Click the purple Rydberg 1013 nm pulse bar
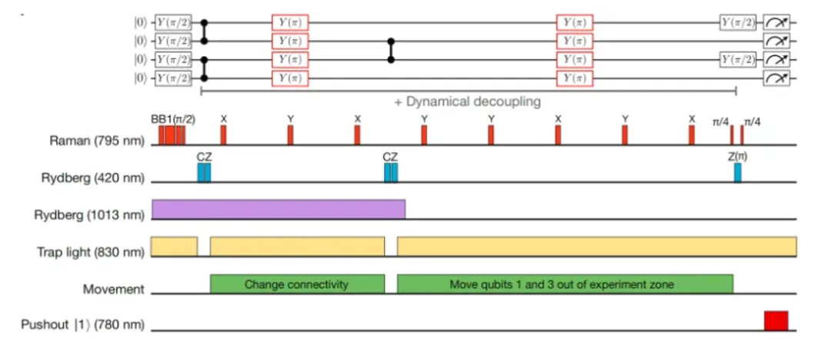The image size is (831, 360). point(279,209)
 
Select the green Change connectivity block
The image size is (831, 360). point(296,284)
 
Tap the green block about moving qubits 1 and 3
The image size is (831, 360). point(564,284)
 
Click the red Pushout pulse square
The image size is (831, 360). point(776,321)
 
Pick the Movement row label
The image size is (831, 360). point(113,289)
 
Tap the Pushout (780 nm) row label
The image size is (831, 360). point(82,325)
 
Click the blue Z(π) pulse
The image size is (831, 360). point(737,172)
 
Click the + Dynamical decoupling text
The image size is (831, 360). point(468,101)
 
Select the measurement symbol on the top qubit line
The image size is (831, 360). point(776,24)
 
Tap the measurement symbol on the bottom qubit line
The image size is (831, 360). point(776,78)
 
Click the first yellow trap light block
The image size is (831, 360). point(175,246)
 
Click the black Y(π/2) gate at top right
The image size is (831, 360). point(737,24)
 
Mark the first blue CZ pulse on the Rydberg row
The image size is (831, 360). point(204,172)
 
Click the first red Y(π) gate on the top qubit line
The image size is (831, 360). point(289,24)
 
